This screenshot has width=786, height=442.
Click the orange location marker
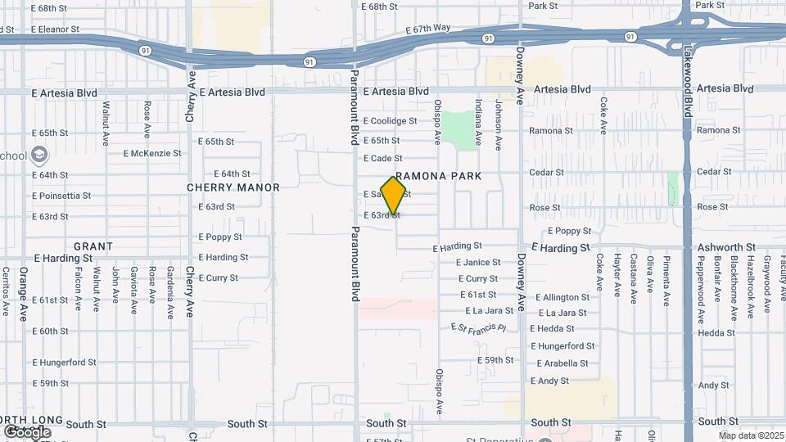(394, 195)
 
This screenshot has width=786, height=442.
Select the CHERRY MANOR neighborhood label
(233, 187)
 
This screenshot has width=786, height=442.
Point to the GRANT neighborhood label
(93, 246)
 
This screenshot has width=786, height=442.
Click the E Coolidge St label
(390, 120)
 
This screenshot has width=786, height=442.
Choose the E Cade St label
(382, 158)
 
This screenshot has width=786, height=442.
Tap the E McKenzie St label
(152, 153)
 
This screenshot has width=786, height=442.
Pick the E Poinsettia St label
(61, 196)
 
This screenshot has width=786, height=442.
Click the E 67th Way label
(427, 28)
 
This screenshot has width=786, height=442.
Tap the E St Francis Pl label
(479, 327)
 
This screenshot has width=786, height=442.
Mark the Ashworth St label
(726, 247)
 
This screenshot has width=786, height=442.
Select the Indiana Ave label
(478, 122)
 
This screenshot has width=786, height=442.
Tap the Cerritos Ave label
(5, 291)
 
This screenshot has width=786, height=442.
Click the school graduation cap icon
(38, 155)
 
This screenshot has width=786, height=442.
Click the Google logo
(27, 432)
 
